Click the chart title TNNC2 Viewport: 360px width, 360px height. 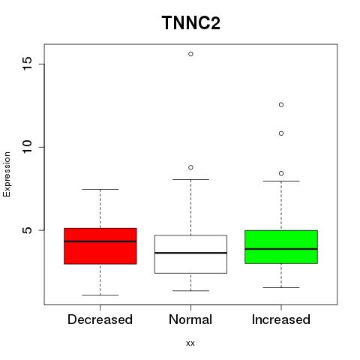(191, 22)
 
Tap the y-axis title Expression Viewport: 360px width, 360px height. (7, 174)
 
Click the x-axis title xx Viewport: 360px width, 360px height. (190, 343)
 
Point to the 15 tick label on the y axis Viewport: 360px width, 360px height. (27, 64)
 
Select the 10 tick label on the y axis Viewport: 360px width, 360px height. (27, 147)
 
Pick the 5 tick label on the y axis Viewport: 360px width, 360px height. (27, 230)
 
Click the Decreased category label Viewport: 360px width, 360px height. (100, 319)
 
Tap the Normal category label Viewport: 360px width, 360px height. (190, 319)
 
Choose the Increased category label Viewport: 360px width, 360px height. (281, 319)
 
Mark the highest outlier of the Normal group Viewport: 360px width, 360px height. (190, 54)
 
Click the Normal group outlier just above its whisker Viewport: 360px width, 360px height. (190, 167)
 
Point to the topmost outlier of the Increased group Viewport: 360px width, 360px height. (281, 105)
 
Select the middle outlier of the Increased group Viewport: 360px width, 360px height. (281, 133)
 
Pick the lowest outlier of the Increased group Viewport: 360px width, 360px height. (281, 173)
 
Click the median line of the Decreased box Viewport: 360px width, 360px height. (100, 241)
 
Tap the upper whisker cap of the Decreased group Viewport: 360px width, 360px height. (100, 189)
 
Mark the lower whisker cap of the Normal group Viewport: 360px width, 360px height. (190, 291)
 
